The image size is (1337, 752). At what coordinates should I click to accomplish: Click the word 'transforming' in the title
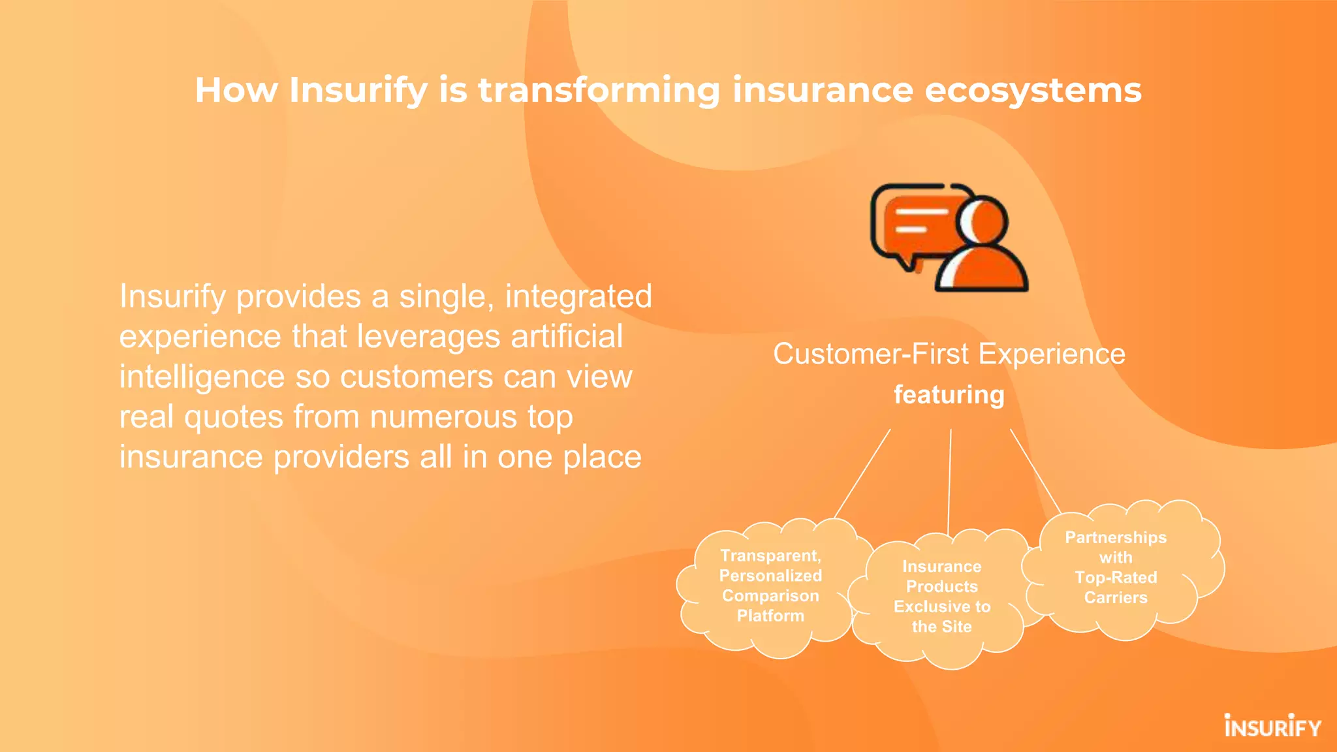tap(599, 90)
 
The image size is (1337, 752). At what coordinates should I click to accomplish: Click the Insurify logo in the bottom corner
tap(1272, 726)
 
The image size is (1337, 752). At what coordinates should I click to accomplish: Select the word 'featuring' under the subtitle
tap(949, 395)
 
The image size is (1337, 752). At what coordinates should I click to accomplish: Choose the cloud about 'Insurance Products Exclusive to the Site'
tap(941, 597)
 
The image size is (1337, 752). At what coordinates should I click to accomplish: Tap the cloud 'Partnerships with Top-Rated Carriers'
tap(1116, 568)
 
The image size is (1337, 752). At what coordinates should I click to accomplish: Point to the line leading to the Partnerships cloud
tap(1035, 470)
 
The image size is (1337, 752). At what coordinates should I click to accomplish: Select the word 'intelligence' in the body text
tap(202, 377)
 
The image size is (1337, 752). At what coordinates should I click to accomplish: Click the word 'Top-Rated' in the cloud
tap(1116, 578)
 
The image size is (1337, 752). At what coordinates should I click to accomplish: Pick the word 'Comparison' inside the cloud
tap(770, 596)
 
